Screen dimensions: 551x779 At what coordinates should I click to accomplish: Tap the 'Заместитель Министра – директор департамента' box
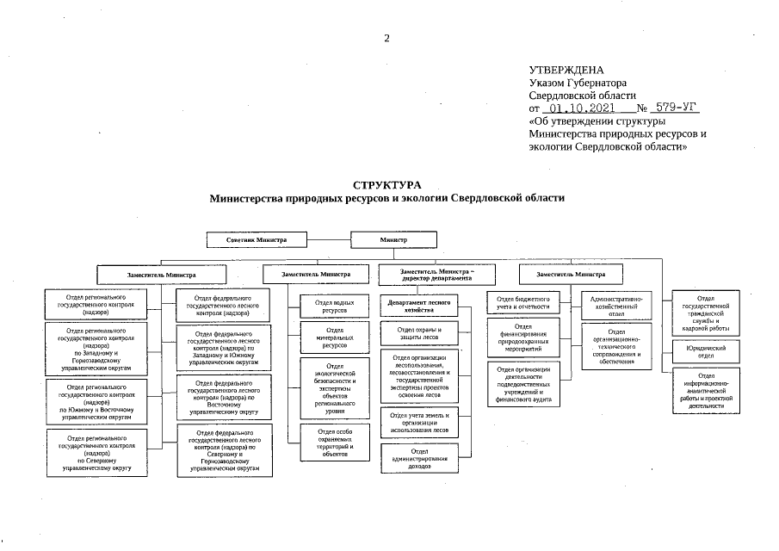click(x=436, y=275)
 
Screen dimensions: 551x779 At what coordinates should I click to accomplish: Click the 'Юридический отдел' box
click(x=706, y=351)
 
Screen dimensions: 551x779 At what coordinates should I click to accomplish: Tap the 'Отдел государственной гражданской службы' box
click(x=706, y=313)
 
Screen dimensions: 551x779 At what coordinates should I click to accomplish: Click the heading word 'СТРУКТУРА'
click(x=387, y=185)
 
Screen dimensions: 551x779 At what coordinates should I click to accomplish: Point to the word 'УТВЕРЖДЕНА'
click(x=566, y=70)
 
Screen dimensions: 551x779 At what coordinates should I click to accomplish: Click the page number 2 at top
click(x=387, y=38)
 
